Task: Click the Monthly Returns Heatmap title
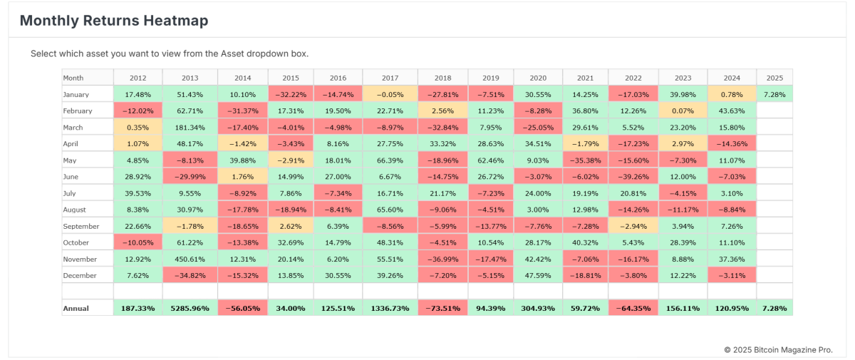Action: pos(114,21)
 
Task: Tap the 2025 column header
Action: pos(774,78)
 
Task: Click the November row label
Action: pos(79,259)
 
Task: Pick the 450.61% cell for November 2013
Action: pos(189,259)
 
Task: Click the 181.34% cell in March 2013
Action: pos(189,128)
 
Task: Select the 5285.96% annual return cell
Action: pos(189,309)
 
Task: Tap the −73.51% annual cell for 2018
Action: pos(442,309)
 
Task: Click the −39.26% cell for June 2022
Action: pos(633,177)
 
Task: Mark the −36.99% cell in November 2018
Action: pos(442,259)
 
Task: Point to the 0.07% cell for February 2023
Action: pos(683,111)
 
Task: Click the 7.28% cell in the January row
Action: pos(774,94)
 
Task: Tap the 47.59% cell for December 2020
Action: pos(537,276)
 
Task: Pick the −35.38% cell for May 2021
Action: pos(585,160)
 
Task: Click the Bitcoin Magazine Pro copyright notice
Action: pos(778,349)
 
